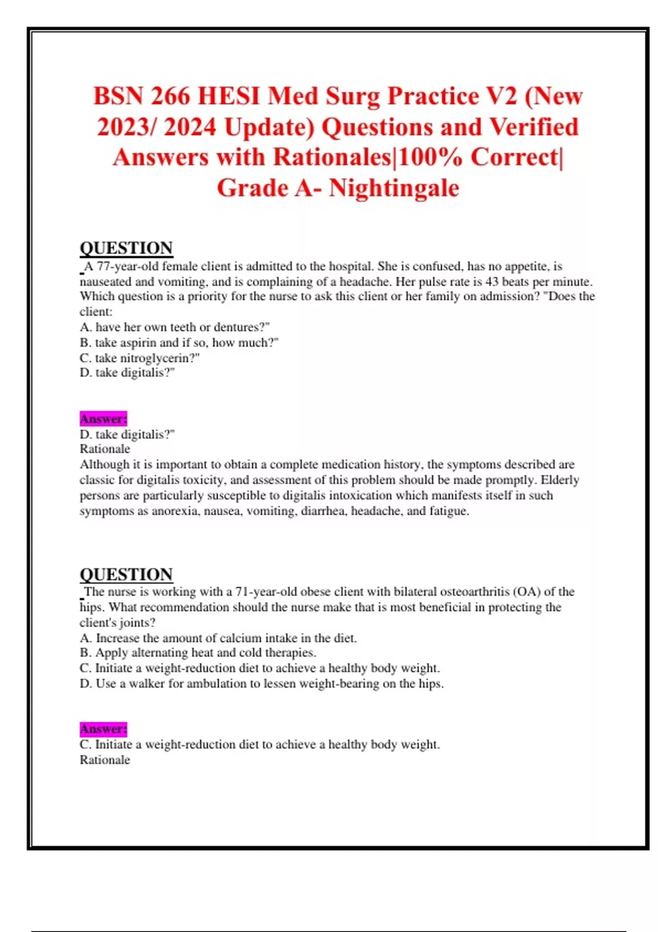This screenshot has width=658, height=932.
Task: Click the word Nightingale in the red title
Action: [x=394, y=188]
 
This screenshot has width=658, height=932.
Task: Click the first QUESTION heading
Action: [x=126, y=248]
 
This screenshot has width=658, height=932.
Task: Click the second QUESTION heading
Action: [x=126, y=575]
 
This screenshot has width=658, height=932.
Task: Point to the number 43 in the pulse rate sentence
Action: [x=492, y=282]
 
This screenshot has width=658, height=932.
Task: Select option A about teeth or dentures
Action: [x=174, y=327]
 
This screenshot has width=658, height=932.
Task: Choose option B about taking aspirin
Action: [x=179, y=343]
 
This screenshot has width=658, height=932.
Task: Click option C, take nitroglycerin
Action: [x=139, y=358]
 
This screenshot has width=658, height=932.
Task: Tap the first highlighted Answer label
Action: [x=104, y=419]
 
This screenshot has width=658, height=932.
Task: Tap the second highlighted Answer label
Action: [x=104, y=729]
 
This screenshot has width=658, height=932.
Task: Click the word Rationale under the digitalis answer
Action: [x=105, y=449]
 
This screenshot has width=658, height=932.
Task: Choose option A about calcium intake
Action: [x=218, y=638]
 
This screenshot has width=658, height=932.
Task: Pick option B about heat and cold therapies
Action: [x=198, y=653]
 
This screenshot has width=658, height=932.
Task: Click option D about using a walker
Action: [x=262, y=684]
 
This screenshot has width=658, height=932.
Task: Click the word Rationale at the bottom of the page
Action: [x=105, y=760]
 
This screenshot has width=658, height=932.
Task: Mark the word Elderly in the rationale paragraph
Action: [x=560, y=480]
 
